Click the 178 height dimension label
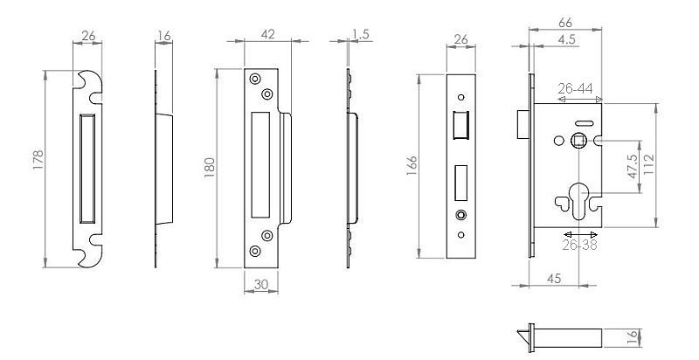38,160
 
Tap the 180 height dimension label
210,168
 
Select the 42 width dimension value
268,34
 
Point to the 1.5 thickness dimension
361,34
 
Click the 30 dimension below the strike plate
260,284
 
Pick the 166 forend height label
412,165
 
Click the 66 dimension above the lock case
564,22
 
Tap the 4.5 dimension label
566,39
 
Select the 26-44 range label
576,88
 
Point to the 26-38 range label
579,245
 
